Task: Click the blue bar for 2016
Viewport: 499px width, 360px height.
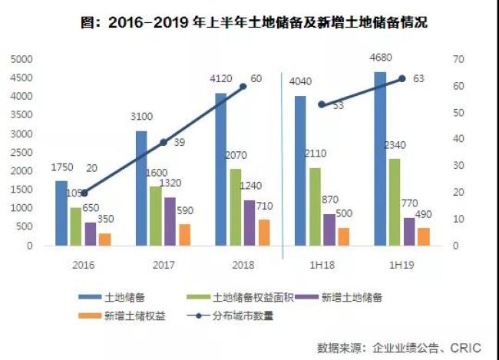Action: pos(61,213)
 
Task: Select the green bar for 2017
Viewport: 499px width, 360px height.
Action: pos(156,216)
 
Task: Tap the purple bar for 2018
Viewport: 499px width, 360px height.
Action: pos(250,223)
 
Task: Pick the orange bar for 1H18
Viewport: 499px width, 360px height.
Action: pos(344,236)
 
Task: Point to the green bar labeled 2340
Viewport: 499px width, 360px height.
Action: pos(395,203)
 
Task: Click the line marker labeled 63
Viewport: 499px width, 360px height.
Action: pos(402,78)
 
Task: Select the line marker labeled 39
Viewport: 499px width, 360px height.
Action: pos(163,142)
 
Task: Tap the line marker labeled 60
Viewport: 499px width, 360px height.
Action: pos(243,86)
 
